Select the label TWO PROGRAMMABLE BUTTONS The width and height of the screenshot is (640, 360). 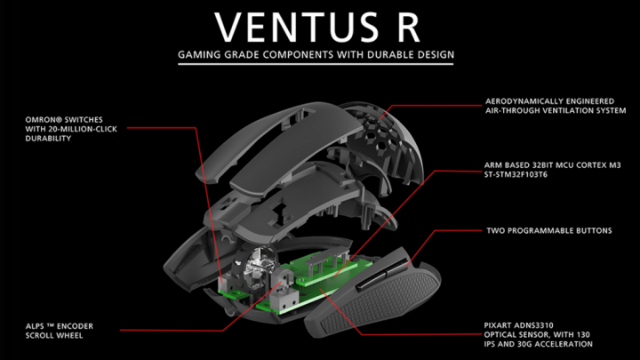548,230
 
